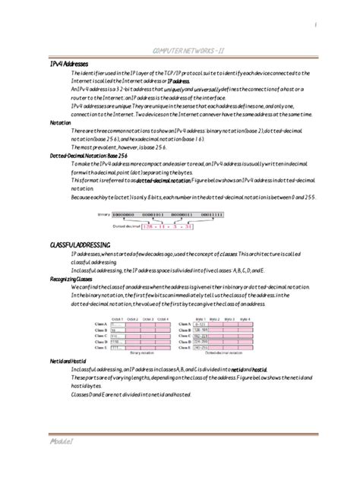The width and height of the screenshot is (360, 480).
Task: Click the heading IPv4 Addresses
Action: (x=69, y=64)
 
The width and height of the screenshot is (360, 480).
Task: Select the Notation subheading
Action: (x=60, y=122)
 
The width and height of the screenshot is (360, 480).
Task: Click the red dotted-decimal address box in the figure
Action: (x=151, y=226)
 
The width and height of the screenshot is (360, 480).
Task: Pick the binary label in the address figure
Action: (x=104, y=216)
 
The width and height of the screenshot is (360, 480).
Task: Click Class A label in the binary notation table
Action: (x=101, y=324)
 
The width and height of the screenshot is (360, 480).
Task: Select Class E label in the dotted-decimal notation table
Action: (x=185, y=348)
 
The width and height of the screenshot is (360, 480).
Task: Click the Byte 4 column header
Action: (x=245, y=319)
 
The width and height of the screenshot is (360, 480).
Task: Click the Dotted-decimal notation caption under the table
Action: (x=224, y=353)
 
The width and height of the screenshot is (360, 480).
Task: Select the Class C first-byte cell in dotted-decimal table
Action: (x=201, y=336)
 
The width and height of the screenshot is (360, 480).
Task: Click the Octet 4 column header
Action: (x=163, y=319)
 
